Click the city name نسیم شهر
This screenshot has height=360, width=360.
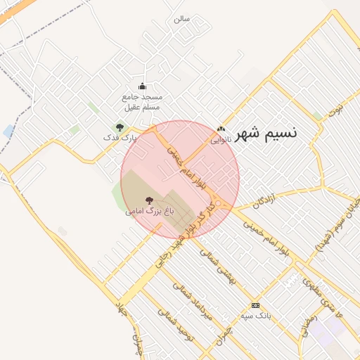[x=267, y=131]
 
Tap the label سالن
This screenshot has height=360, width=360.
[x=182, y=19]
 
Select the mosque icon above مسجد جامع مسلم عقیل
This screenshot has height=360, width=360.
[x=142, y=86]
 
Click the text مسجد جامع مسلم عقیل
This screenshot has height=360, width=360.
[x=142, y=102]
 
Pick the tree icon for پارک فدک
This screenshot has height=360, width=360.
[x=120, y=128]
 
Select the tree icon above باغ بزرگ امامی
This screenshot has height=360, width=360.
[x=148, y=201]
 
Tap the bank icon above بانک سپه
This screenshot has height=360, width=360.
[x=255, y=305]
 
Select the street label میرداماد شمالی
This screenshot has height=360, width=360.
[x=188, y=299]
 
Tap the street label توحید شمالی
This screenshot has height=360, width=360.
[x=175, y=323]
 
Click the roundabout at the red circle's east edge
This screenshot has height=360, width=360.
[x=221, y=204]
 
